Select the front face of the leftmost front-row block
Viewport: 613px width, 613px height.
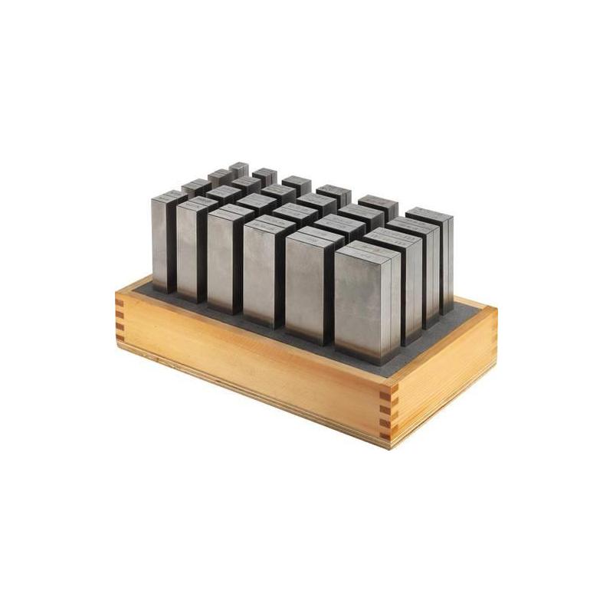click(x=162, y=244)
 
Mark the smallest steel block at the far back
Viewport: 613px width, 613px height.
click(x=239, y=168)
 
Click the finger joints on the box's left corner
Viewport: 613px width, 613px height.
click(x=120, y=322)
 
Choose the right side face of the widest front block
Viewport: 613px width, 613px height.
click(x=395, y=303)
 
